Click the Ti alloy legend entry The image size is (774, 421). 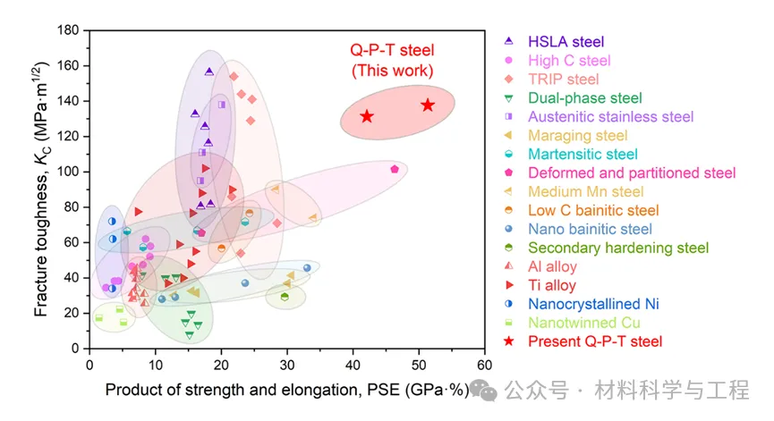552,285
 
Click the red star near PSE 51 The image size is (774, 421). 428,105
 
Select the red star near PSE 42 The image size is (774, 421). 367,117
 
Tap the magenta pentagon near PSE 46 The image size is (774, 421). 395,169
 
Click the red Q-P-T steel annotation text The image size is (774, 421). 391,50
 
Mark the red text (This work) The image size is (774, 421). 392,70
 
